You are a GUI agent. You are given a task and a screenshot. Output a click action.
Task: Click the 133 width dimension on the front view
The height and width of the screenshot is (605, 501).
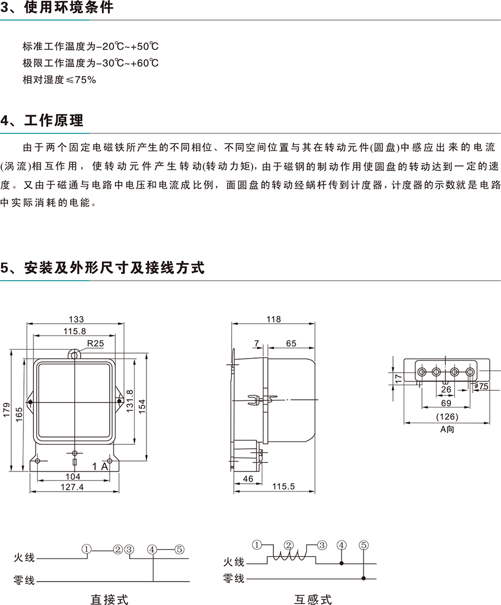point(76,319)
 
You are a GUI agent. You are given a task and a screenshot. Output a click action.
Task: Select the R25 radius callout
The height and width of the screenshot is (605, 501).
point(95,344)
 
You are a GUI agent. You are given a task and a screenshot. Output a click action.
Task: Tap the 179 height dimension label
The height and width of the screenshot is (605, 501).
point(7,410)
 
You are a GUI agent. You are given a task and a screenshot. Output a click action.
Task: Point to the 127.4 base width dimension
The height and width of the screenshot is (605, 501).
point(72,487)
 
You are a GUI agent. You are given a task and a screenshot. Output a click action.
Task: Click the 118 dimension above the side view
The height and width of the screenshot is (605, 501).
point(273,319)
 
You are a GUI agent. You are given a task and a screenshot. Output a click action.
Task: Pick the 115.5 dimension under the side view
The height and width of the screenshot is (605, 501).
point(283,486)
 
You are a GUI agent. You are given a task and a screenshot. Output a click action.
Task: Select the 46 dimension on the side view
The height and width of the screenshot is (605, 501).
point(248,478)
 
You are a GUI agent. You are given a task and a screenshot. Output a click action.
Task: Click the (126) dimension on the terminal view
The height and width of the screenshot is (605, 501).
point(447,416)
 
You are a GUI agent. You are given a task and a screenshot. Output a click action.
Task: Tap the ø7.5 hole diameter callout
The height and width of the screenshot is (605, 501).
point(482,386)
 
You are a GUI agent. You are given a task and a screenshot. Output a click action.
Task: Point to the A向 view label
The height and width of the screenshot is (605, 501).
point(447,429)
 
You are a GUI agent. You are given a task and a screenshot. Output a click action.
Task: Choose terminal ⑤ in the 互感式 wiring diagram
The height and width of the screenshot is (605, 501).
point(364,545)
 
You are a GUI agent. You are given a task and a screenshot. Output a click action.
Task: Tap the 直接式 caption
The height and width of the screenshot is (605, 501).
point(109,599)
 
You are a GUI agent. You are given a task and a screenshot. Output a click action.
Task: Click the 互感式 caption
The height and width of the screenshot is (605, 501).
point(313,599)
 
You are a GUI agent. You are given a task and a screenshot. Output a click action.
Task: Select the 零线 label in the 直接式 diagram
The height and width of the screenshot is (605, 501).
point(24,580)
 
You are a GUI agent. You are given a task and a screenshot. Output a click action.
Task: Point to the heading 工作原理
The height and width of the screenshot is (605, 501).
point(53,120)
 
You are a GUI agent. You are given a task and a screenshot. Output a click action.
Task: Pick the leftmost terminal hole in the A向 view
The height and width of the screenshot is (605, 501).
point(422,372)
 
